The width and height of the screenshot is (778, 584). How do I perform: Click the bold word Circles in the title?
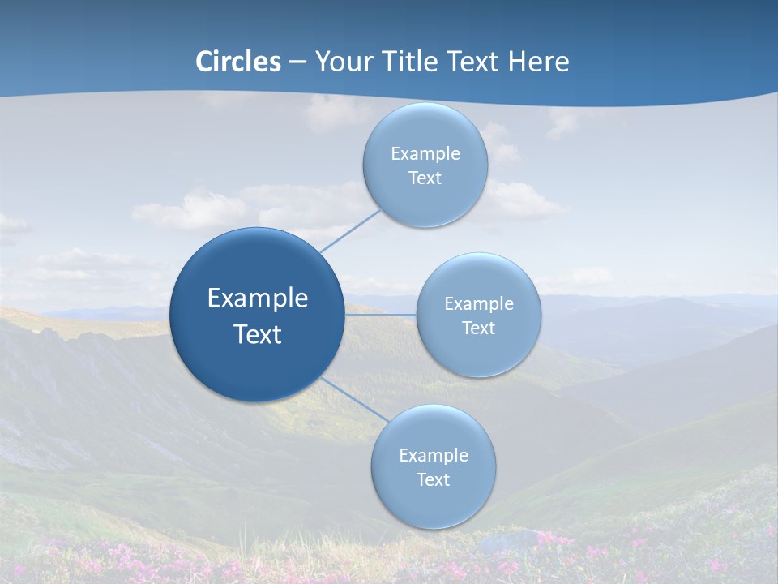coord(237,62)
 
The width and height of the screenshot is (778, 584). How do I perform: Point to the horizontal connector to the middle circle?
coord(380,315)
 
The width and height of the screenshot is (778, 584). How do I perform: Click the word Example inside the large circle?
coord(258,298)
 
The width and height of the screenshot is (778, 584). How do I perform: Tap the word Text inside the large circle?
coord(258,334)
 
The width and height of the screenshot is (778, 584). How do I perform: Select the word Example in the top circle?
coord(425,153)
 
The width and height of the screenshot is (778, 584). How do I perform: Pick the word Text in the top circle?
coord(425,178)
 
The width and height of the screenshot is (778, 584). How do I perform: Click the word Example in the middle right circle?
coord(479,303)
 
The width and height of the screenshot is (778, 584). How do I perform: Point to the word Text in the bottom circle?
coord(434,479)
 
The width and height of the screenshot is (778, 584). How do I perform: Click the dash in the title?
coord(297,62)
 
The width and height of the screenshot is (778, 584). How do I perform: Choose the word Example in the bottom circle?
coord(434,455)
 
